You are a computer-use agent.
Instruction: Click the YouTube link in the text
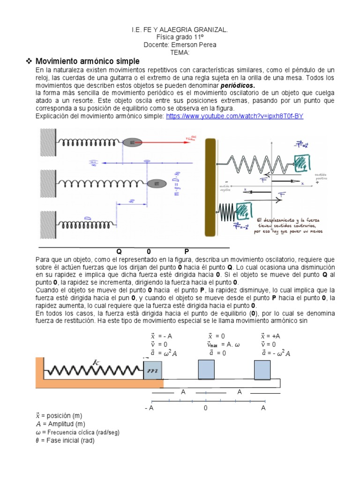point(234,116)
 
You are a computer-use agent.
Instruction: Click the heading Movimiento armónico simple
point(88,61)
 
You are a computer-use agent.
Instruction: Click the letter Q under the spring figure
point(119,251)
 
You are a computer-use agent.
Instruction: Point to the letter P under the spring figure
point(187,251)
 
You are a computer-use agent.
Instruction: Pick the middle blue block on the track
point(206,369)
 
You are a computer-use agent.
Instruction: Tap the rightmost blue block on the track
point(262,369)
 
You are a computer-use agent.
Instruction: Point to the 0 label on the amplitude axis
point(205,408)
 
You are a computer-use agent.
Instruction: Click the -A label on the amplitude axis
point(149,408)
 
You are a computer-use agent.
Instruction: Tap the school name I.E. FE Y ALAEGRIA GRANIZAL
point(180,30)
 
